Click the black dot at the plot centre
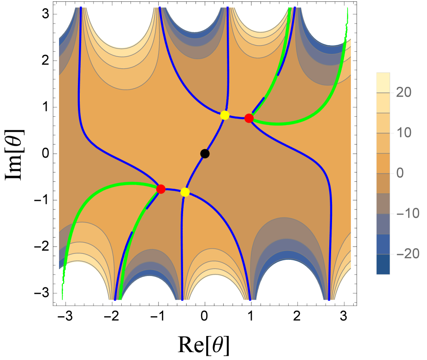(205, 154)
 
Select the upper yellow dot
(225, 115)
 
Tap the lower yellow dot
(185, 192)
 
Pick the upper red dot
(249, 118)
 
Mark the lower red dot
(161, 189)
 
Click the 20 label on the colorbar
(403, 93)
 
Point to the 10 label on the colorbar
(403, 133)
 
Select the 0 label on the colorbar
(400, 173)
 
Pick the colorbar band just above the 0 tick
(383, 163)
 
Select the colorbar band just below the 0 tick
(383, 183)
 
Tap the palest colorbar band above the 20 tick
(383, 83)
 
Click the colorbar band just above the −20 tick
(383, 244)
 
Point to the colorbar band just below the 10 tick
(383, 143)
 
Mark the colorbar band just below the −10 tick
(383, 224)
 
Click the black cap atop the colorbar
(383, 71)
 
